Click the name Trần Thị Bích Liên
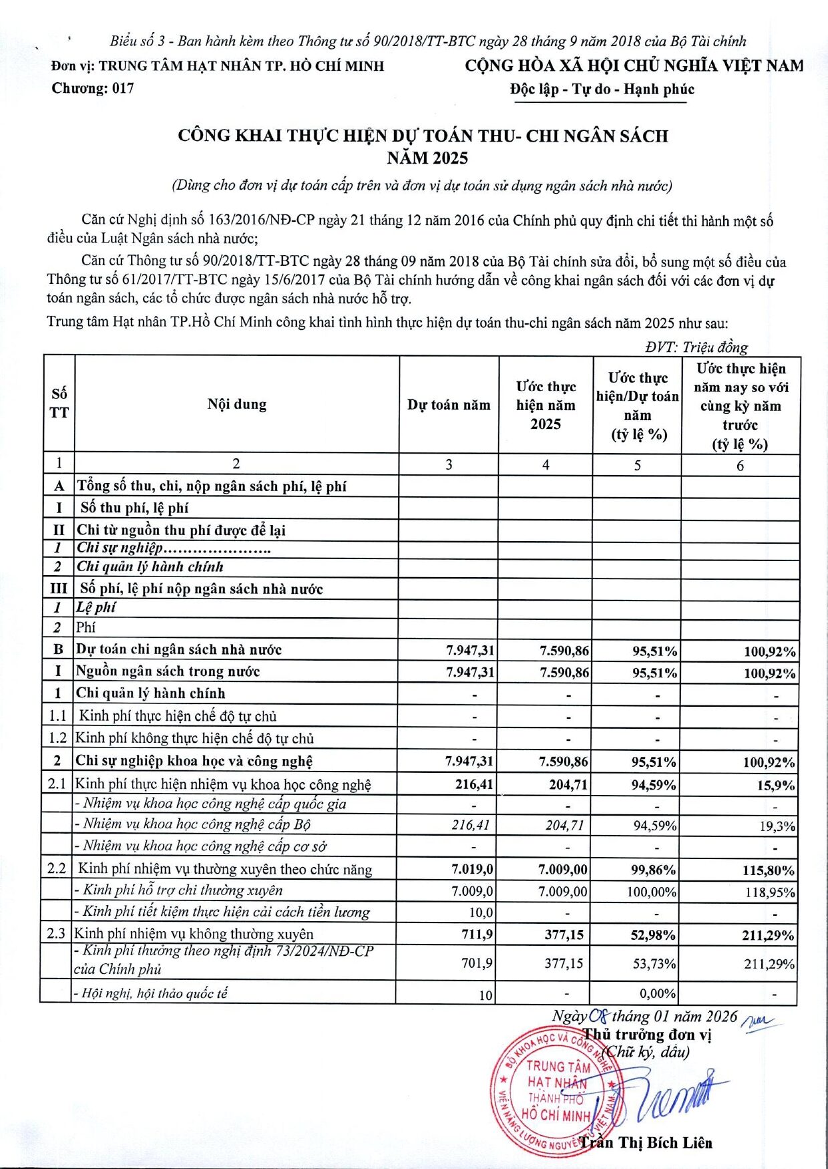(646, 1143)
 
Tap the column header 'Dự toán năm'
(449, 405)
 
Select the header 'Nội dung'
(236, 404)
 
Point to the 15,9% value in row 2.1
(776, 786)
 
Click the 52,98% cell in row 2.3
(653, 935)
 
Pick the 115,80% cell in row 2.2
(769, 870)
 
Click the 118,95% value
(770, 892)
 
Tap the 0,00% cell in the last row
(658, 993)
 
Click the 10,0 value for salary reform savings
(481, 912)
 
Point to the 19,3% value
(777, 826)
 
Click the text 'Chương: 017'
(93, 88)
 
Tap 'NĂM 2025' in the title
(427, 158)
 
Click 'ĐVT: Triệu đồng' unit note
(696, 347)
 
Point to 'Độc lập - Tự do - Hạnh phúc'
(602, 90)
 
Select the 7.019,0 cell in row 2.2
(472, 869)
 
